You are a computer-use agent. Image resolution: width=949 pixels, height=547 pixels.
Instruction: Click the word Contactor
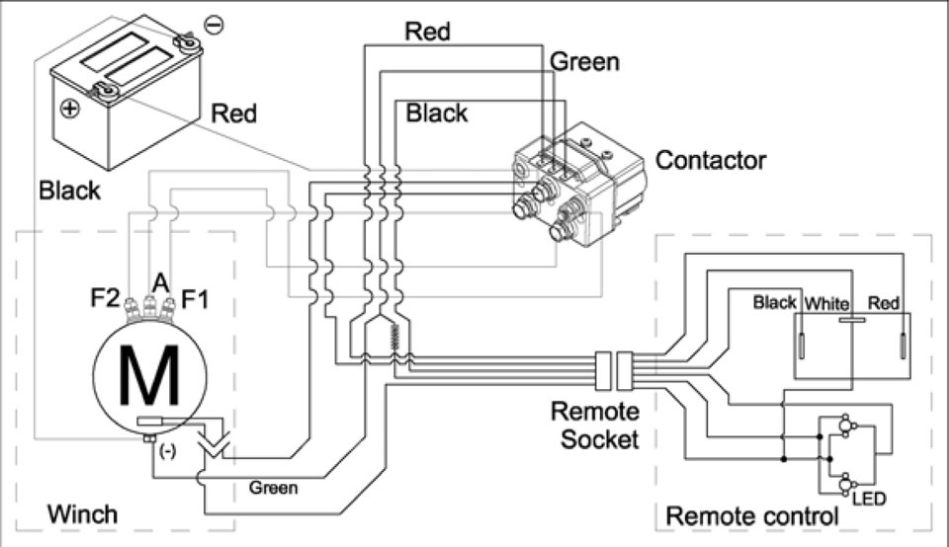pyautogui.click(x=711, y=159)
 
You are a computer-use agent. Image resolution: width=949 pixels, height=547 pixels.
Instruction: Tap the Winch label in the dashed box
pyautogui.click(x=82, y=514)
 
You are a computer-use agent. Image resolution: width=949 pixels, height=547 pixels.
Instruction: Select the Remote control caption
pyautogui.click(x=751, y=515)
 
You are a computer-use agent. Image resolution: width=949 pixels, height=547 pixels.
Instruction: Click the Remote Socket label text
pyautogui.click(x=594, y=425)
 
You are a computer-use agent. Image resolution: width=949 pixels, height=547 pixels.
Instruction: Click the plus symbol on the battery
pyautogui.click(x=68, y=109)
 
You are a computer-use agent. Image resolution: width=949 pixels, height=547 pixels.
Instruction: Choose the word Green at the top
pyautogui.click(x=584, y=62)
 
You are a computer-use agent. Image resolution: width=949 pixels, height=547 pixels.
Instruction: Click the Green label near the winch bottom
pyautogui.click(x=274, y=487)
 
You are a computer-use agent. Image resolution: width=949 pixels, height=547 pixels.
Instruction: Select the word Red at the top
pyautogui.click(x=427, y=32)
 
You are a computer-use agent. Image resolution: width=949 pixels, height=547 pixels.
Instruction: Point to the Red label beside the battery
pyautogui.click(x=234, y=114)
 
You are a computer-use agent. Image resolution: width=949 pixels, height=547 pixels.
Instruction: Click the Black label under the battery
pyautogui.click(x=69, y=190)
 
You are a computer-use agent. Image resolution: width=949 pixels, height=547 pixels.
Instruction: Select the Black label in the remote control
pyautogui.click(x=774, y=302)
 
